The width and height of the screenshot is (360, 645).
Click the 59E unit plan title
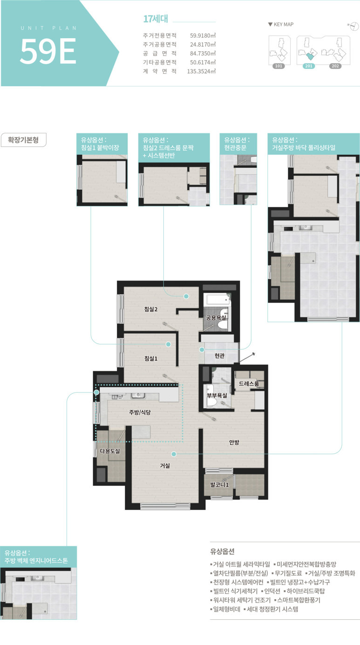[48, 51]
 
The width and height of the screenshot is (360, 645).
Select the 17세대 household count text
[156, 19]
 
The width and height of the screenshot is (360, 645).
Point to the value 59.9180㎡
[203, 35]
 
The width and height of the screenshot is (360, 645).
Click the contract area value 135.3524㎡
[201, 71]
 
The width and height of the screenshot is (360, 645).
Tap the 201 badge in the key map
[309, 66]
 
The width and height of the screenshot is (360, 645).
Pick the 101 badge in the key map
[278, 66]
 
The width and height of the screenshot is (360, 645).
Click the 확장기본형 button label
[23, 140]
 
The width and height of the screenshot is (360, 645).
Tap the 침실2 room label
[151, 309]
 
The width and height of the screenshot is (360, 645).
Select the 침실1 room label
[151, 358]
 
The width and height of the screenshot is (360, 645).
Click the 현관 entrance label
[219, 356]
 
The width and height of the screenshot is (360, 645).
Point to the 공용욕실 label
[216, 317]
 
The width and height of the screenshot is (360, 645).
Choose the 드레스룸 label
[249, 384]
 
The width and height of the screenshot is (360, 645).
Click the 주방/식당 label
[140, 412]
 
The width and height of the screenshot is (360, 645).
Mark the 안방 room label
[234, 442]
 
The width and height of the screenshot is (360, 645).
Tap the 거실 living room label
[165, 466]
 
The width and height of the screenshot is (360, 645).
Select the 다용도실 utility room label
[109, 451]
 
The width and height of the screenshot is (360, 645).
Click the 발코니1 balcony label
[219, 485]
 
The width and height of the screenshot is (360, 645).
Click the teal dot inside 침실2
[186, 296]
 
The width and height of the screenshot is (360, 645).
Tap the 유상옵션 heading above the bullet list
[222, 551]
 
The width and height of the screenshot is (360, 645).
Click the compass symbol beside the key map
[353, 26]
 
